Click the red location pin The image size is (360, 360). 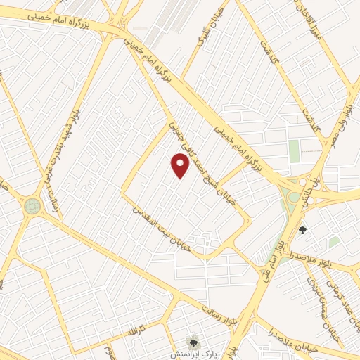(x=181, y=165)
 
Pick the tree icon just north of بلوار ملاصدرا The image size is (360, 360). (x=302, y=229)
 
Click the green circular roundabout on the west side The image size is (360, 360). (x=32, y=206)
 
